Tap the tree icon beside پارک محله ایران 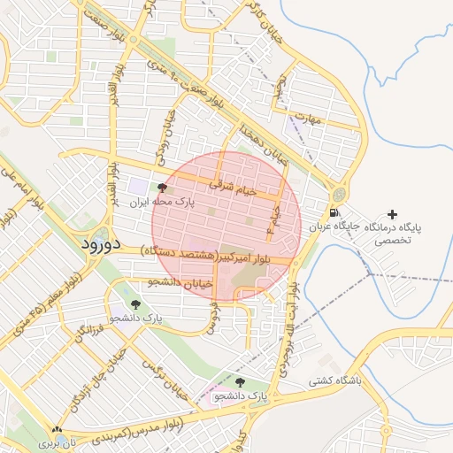tap(161, 188)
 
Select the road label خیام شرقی tap(234, 188)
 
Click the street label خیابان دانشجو tap(180, 282)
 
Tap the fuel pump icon tap(333, 212)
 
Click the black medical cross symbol tap(393, 214)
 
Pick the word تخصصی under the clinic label tap(393, 240)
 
